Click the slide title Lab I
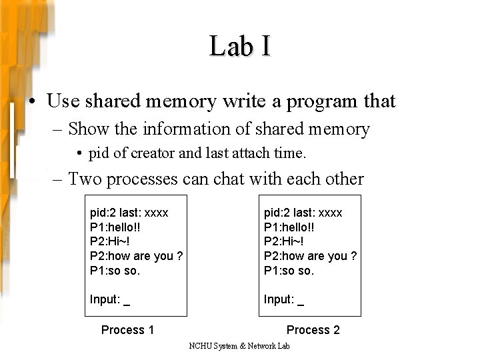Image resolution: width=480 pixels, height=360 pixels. pos(240,46)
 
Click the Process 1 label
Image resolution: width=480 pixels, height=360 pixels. pos(127,329)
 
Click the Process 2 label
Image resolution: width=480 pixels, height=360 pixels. pos(313,329)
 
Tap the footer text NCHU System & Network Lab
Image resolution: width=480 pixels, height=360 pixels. pos(239,347)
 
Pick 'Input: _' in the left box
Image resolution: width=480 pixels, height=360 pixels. pos(109,299)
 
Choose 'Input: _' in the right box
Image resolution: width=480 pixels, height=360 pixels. pos(283,299)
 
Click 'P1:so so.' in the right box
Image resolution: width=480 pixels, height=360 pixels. pos(289,271)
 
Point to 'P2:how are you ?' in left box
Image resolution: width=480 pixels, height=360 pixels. pos(136,256)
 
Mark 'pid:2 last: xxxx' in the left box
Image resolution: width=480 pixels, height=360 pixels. pos(129,213)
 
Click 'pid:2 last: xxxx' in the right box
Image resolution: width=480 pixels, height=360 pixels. pos(303,213)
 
